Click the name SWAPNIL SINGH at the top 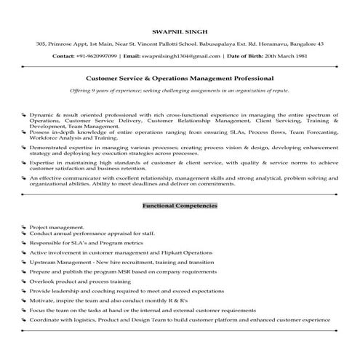point(179,31)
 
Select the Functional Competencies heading point(180,206)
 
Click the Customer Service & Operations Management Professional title point(180,77)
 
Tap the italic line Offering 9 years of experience point(180,90)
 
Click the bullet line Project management point(57,227)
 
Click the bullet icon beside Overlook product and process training point(24,281)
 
